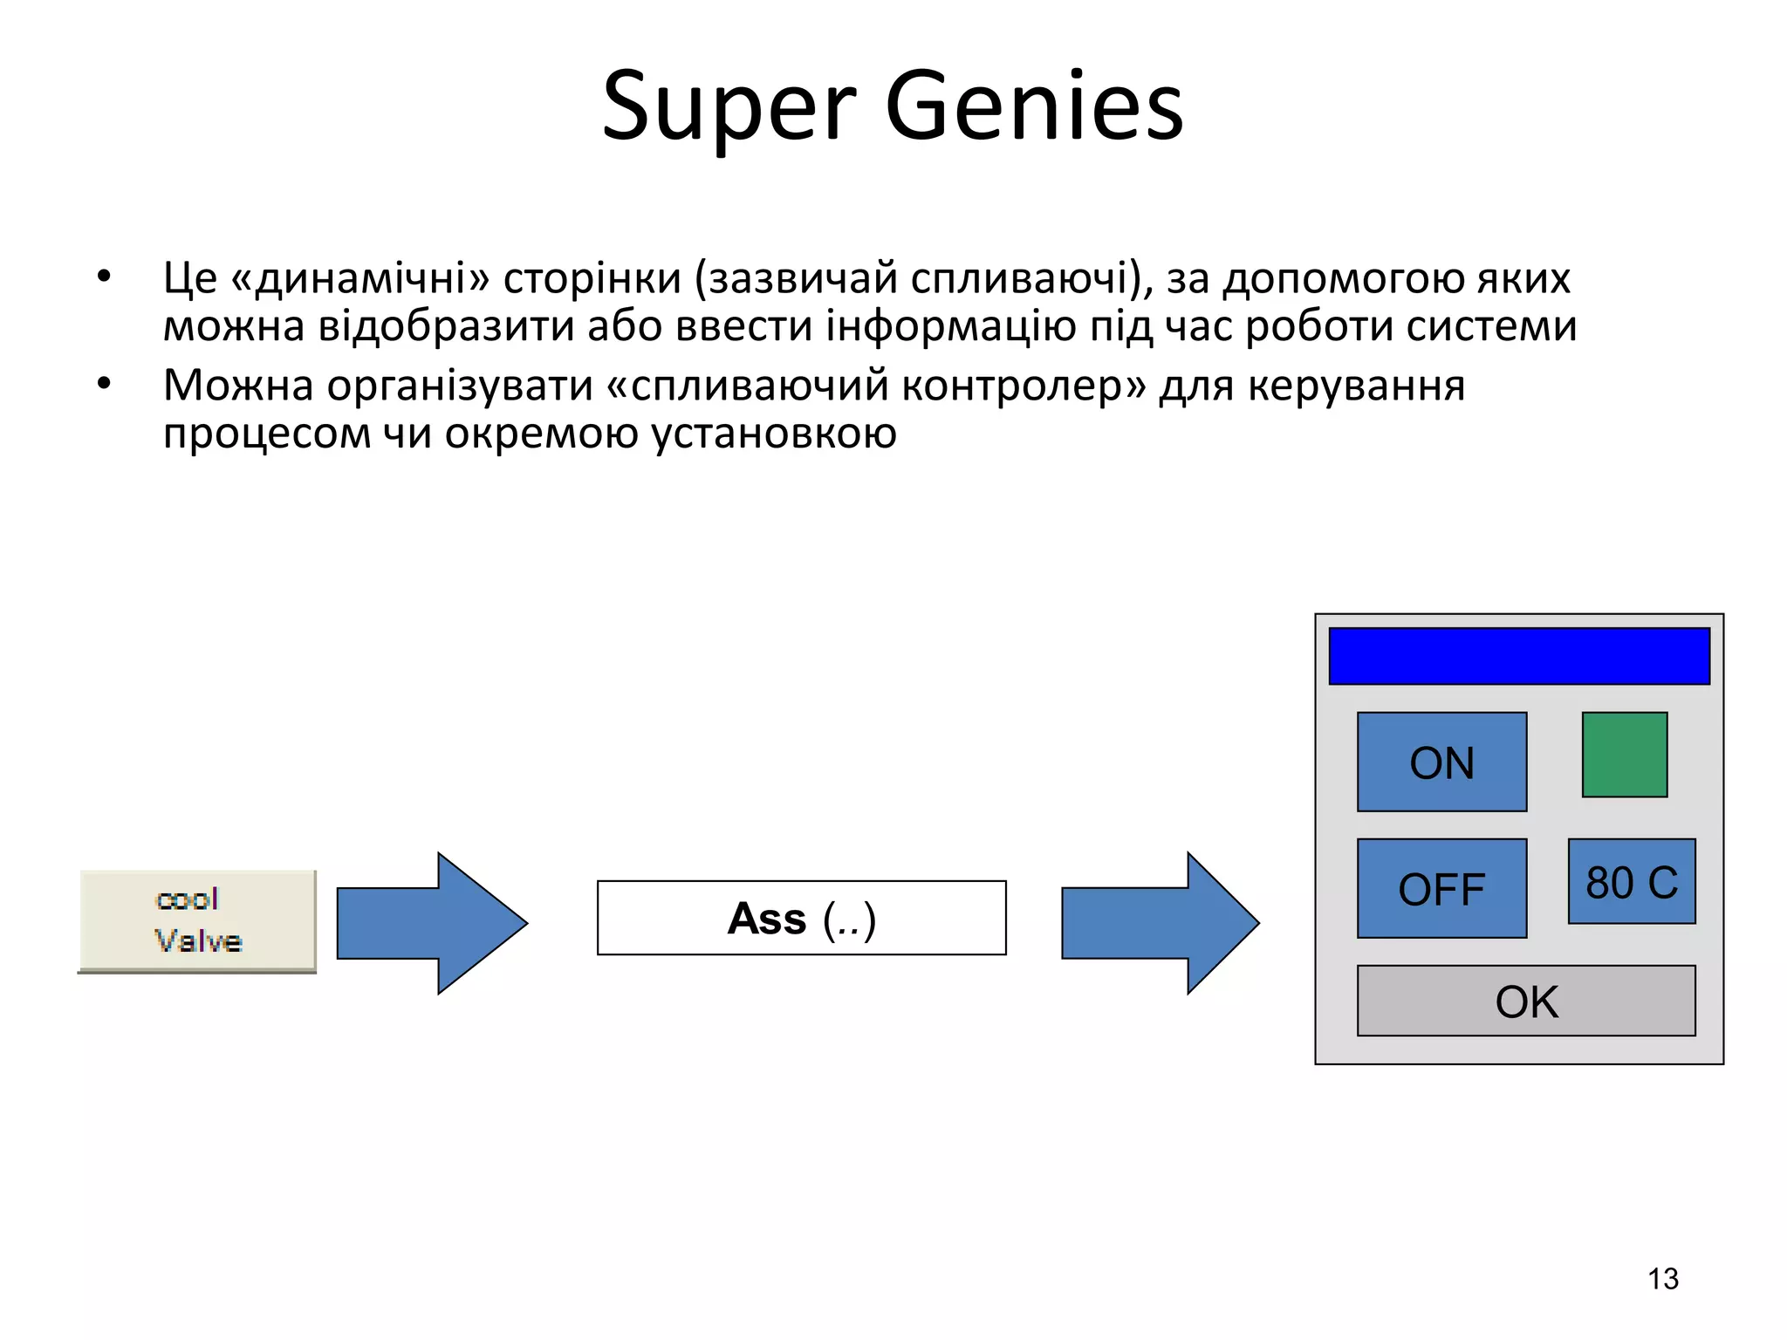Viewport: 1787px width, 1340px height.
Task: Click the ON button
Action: (1441, 762)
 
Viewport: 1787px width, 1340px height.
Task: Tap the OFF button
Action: (1441, 888)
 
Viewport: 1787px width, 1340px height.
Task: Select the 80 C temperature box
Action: (1631, 881)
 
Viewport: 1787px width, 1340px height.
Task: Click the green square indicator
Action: (1624, 755)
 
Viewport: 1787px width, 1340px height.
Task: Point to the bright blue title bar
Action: (1518, 656)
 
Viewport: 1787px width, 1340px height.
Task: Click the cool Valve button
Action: (197, 920)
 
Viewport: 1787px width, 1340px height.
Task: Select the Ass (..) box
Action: (801, 918)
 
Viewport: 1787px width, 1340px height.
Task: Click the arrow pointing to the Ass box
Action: (431, 923)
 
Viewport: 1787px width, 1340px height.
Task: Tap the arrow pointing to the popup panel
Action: (1160, 923)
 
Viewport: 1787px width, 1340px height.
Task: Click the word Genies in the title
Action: (1034, 106)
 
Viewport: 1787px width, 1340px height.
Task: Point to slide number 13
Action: (1662, 1279)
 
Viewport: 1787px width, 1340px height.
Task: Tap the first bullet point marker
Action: (105, 277)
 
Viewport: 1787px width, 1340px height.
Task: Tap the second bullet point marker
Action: (105, 384)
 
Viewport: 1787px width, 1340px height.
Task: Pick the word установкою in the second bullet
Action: (774, 434)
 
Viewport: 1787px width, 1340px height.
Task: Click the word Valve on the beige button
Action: (198, 941)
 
